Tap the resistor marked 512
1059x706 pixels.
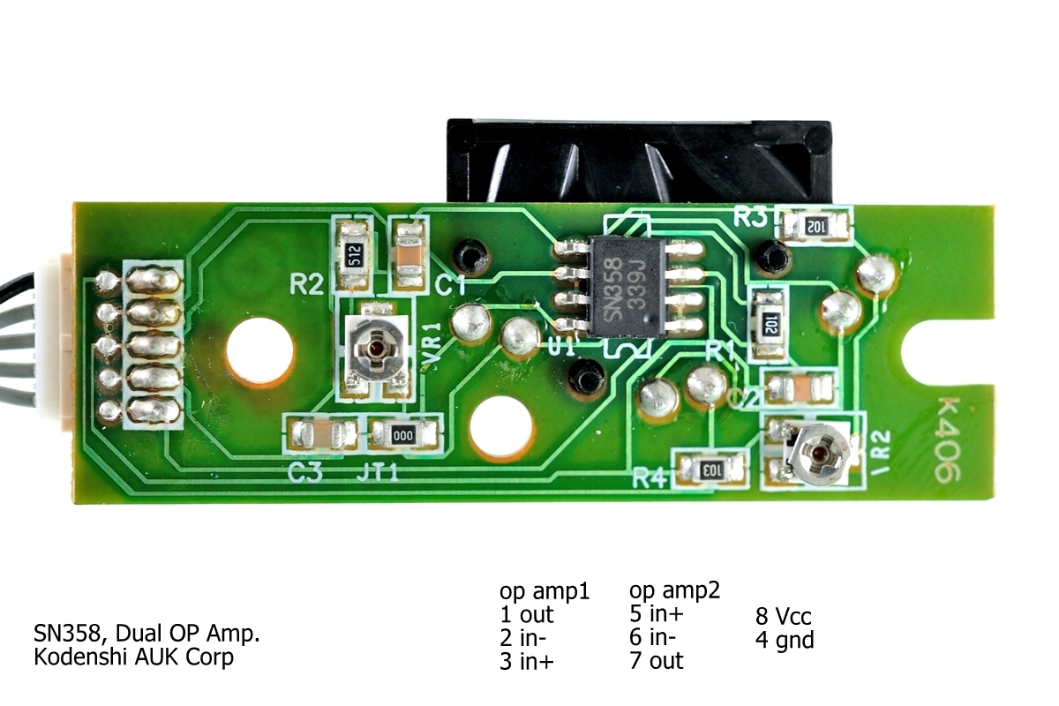355,254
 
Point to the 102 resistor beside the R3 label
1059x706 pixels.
815,226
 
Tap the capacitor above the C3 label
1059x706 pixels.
322,434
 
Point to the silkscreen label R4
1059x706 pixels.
650,479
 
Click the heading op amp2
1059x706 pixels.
675,589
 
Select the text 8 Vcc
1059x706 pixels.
784,615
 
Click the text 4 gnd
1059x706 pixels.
785,640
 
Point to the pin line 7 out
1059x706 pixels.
657,659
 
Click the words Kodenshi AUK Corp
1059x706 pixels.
133,657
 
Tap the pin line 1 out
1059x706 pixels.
527,613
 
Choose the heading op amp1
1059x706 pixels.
544,590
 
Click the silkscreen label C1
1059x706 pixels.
451,285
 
